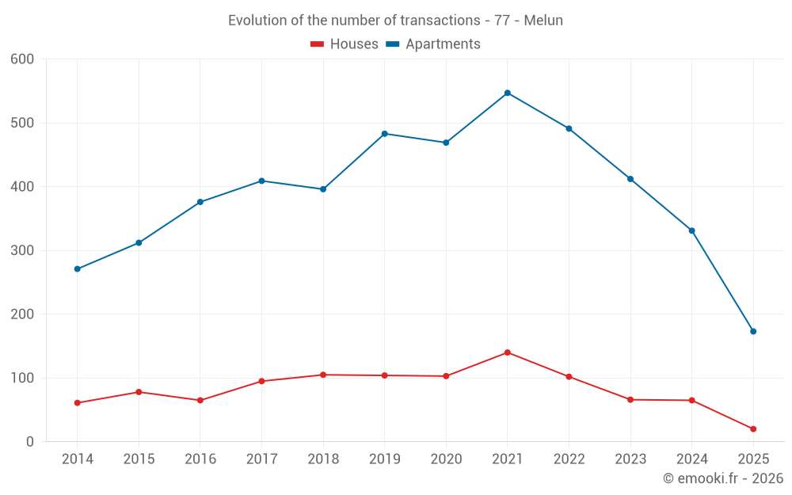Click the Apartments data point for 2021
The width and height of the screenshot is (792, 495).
[x=508, y=93]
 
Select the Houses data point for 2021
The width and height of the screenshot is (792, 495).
[x=508, y=352]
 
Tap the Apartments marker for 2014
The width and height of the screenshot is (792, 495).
[x=77, y=269]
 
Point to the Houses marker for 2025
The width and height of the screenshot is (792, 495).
[x=753, y=429]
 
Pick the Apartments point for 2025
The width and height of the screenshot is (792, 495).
[x=753, y=331]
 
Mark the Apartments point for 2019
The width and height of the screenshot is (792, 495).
[x=385, y=134]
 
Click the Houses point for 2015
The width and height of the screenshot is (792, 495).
[x=139, y=392]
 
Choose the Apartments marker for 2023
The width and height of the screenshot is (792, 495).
[x=630, y=179]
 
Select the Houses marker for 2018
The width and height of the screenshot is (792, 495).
[x=323, y=375]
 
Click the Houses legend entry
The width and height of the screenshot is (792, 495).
[x=344, y=44]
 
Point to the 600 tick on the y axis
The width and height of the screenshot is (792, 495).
[x=22, y=59]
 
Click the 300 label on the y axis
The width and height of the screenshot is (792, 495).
[x=22, y=251]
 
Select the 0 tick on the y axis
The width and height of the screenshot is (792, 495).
[x=29, y=442]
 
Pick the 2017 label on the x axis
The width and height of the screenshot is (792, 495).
[x=261, y=459]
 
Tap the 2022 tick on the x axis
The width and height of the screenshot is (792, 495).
[x=569, y=459]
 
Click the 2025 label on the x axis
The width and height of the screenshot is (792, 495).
[x=753, y=459]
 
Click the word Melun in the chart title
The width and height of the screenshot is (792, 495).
[x=544, y=21]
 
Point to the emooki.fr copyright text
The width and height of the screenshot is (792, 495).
[x=722, y=478]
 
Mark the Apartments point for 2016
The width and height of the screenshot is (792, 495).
[x=200, y=202]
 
